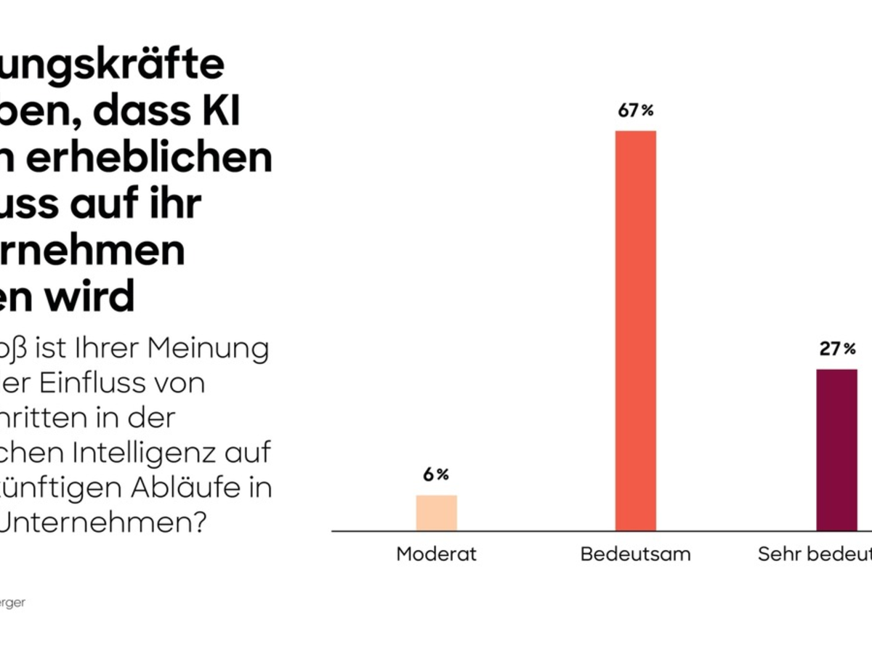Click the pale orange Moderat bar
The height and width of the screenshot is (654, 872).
pyautogui.click(x=437, y=513)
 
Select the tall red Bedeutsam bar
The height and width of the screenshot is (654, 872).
pyautogui.click(x=636, y=331)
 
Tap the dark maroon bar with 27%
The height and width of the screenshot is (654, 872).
pyautogui.click(x=836, y=450)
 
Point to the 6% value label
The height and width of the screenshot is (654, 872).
pyautogui.click(x=437, y=475)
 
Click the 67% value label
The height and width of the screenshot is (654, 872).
pyautogui.click(x=636, y=110)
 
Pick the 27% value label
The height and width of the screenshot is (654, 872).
pyautogui.click(x=837, y=350)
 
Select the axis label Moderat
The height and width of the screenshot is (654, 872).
pyautogui.click(x=437, y=554)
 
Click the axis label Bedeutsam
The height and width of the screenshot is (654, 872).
pyautogui.click(x=636, y=554)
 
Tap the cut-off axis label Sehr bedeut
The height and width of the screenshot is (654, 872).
pyautogui.click(x=815, y=554)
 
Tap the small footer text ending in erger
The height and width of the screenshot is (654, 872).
pyautogui.click(x=12, y=603)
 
